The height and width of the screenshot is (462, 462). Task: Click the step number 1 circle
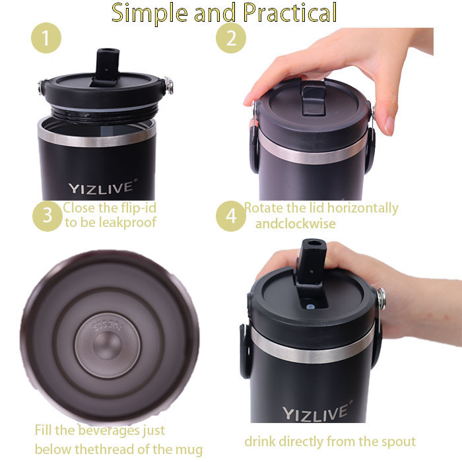(x=46, y=38)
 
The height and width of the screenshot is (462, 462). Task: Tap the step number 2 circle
(x=231, y=38)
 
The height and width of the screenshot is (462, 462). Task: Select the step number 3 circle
(x=48, y=216)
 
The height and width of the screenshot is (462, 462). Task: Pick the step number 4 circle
(x=231, y=216)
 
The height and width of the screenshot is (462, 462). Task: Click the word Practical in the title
(x=290, y=13)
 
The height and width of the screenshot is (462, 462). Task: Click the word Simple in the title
(x=150, y=14)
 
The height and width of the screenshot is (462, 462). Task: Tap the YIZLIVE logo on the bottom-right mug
(x=317, y=411)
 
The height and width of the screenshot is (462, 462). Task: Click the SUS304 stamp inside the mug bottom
(x=108, y=325)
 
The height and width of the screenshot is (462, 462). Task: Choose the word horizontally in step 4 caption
(x=363, y=209)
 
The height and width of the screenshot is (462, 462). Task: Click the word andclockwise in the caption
(x=295, y=224)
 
